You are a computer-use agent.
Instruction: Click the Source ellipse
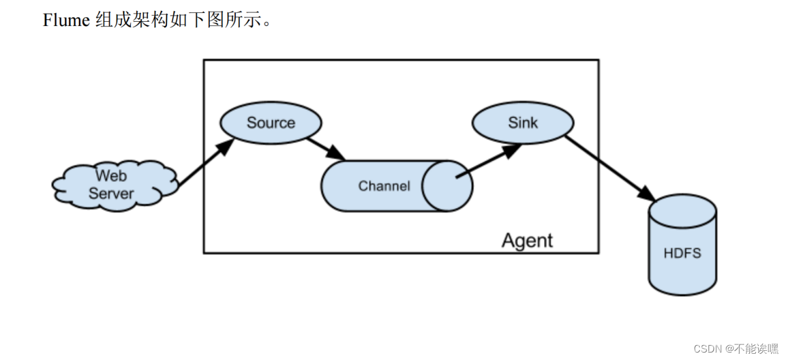(x=271, y=122)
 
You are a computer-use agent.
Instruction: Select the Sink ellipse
(x=523, y=122)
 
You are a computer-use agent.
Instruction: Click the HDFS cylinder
(x=682, y=254)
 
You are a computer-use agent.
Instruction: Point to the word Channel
(x=384, y=186)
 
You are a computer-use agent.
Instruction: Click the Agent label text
(x=527, y=240)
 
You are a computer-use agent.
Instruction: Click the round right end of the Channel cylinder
(x=447, y=186)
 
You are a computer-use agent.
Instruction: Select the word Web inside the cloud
(x=111, y=176)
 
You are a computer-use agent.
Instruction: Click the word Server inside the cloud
(x=111, y=193)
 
